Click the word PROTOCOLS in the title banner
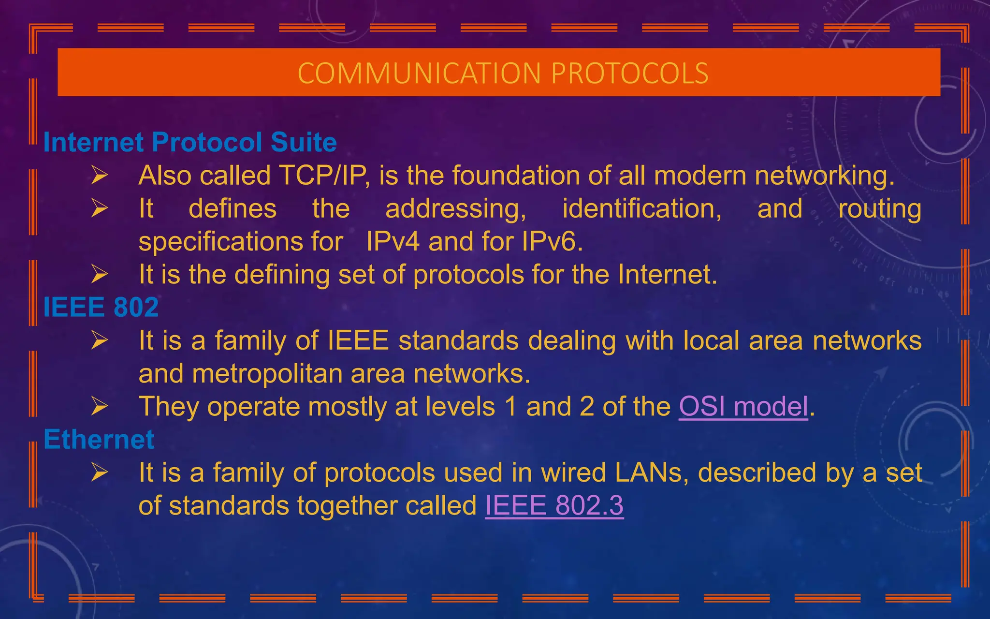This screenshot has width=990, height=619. pyautogui.click(x=629, y=74)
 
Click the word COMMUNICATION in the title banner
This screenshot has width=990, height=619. pyautogui.click(x=419, y=74)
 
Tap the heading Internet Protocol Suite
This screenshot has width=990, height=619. pyautogui.click(x=190, y=142)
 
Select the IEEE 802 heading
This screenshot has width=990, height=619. pyautogui.click(x=101, y=307)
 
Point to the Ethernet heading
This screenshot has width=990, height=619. pyautogui.click(x=99, y=440)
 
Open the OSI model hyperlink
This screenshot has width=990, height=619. pyautogui.click(x=743, y=407)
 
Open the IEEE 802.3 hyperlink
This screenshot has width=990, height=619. pyautogui.click(x=554, y=506)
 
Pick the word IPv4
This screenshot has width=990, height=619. pyautogui.click(x=393, y=241)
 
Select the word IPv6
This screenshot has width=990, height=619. pyautogui.click(x=552, y=241)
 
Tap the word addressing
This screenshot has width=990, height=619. pyautogui.click(x=455, y=209)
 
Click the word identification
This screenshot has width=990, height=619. pyautogui.click(x=642, y=209)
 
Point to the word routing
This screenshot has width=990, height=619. pyautogui.click(x=880, y=209)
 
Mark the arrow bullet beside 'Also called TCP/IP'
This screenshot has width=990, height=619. pyautogui.click(x=100, y=175)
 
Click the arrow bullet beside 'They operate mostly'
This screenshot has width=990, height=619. pyautogui.click(x=100, y=407)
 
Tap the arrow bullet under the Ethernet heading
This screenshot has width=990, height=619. pyautogui.click(x=100, y=472)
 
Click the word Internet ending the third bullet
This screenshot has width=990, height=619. pyautogui.click(x=667, y=275)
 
